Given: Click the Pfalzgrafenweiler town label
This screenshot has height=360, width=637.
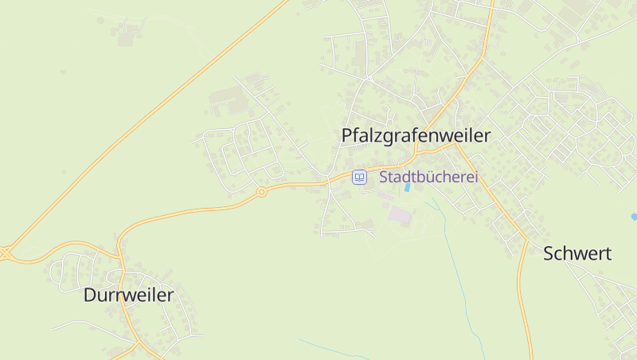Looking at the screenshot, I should (x=416, y=135).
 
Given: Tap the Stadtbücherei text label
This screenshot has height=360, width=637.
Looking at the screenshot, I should (x=428, y=177).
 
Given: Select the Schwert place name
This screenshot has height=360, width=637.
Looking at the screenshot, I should (x=576, y=254).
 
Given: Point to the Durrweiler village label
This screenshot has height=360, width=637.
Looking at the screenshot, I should (x=128, y=295).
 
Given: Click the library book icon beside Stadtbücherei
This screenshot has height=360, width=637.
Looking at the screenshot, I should (x=360, y=177).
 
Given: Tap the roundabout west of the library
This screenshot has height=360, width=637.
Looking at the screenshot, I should (x=260, y=192).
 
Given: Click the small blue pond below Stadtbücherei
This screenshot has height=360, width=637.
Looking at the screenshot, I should (x=408, y=188).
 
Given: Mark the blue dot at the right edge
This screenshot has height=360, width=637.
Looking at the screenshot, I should (x=634, y=217).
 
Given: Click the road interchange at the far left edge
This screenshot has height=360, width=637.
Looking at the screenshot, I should (x=4, y=253).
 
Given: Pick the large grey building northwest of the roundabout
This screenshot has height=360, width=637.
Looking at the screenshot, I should (x=226, y=98).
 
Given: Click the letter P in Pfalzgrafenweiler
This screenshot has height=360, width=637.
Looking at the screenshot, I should (x=346, y=135).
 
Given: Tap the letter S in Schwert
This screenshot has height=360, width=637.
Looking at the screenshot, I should (x=549, y=254).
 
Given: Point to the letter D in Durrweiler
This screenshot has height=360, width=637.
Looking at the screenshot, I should (x=89, y=295).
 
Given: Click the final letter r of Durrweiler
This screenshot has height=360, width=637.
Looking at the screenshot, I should (x=170, y=295).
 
